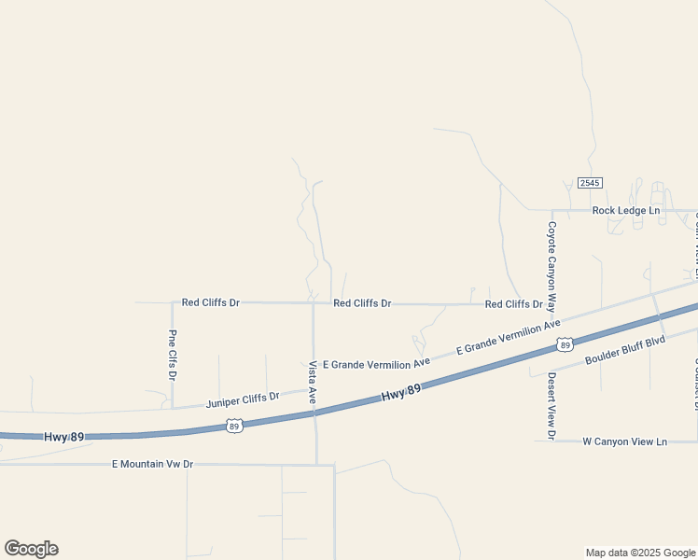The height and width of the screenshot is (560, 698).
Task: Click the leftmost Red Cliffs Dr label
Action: coord(210,302)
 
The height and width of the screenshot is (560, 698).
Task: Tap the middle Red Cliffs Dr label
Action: coord(362,303)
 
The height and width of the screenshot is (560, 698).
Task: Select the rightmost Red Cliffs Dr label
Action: coord(513,304)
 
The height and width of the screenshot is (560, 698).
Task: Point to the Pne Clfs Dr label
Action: coord(172,355)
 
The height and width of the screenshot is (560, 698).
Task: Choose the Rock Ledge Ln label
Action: coord(625,210)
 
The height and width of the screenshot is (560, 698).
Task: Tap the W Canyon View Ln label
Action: coord(624,441)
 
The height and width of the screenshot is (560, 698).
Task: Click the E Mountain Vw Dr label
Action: coord(152,464)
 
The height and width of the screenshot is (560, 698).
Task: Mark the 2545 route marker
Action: coord(590,183)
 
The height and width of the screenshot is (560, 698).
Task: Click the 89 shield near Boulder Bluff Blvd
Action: coord(564,344)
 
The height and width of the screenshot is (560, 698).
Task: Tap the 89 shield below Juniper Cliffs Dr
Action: coord(233,426)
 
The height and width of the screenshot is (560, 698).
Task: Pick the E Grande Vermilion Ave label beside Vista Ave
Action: coord(376,362)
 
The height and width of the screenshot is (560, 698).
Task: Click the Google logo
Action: coord(32,549)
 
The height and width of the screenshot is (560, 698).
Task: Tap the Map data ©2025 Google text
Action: coord(639,553)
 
